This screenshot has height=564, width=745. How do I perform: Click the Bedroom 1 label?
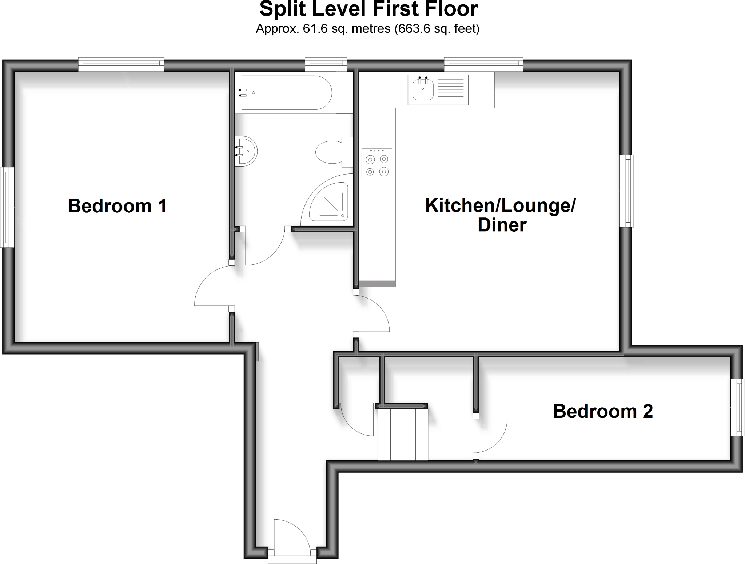coord(117,206)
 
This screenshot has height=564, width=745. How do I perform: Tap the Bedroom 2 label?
coord(603,411)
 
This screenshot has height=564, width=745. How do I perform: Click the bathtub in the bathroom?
coord(286,93)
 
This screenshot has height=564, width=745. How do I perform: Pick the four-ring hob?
coord(377,164)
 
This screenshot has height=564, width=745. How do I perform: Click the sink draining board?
coord(451,90)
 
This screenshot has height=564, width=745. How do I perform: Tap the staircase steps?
coord(403,434)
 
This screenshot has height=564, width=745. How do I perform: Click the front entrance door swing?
coord(291,538)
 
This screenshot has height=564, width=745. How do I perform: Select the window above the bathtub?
coord(326,64)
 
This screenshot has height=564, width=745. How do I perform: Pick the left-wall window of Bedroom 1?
coord(7,207)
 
